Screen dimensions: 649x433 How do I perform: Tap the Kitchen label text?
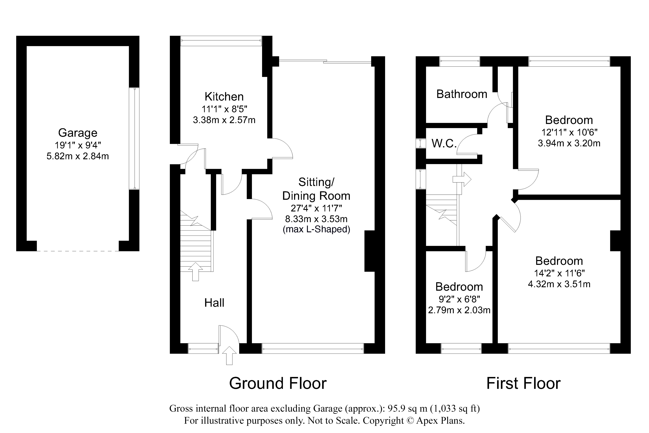[x=224, y=97]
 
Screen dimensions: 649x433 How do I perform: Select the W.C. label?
[x=444, y=143]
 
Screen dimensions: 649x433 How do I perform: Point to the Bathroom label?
[x=462, y=94]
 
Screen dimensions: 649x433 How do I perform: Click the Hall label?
[x=214, y=303]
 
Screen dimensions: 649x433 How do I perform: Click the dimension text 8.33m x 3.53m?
[x=316, y=219]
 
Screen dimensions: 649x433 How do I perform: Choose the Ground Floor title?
[x=278, y=383]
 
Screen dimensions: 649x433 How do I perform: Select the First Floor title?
[x=523, y=383]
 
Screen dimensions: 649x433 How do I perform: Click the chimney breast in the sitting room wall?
[x=370, y=251]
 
